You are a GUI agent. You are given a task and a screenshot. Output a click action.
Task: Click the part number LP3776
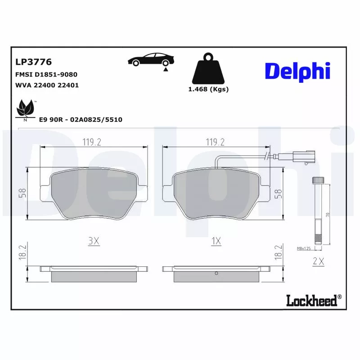34,62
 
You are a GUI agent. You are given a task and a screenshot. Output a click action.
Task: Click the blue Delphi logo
297,72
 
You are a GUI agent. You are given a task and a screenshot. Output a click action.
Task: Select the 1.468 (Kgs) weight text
208,89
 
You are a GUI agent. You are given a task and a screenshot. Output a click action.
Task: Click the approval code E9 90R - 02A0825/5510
81,119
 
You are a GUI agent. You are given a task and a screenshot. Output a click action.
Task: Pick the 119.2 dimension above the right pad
215,142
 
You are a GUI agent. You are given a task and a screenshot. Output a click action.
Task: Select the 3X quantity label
93,241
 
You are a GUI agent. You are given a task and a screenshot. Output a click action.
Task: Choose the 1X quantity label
216,241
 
